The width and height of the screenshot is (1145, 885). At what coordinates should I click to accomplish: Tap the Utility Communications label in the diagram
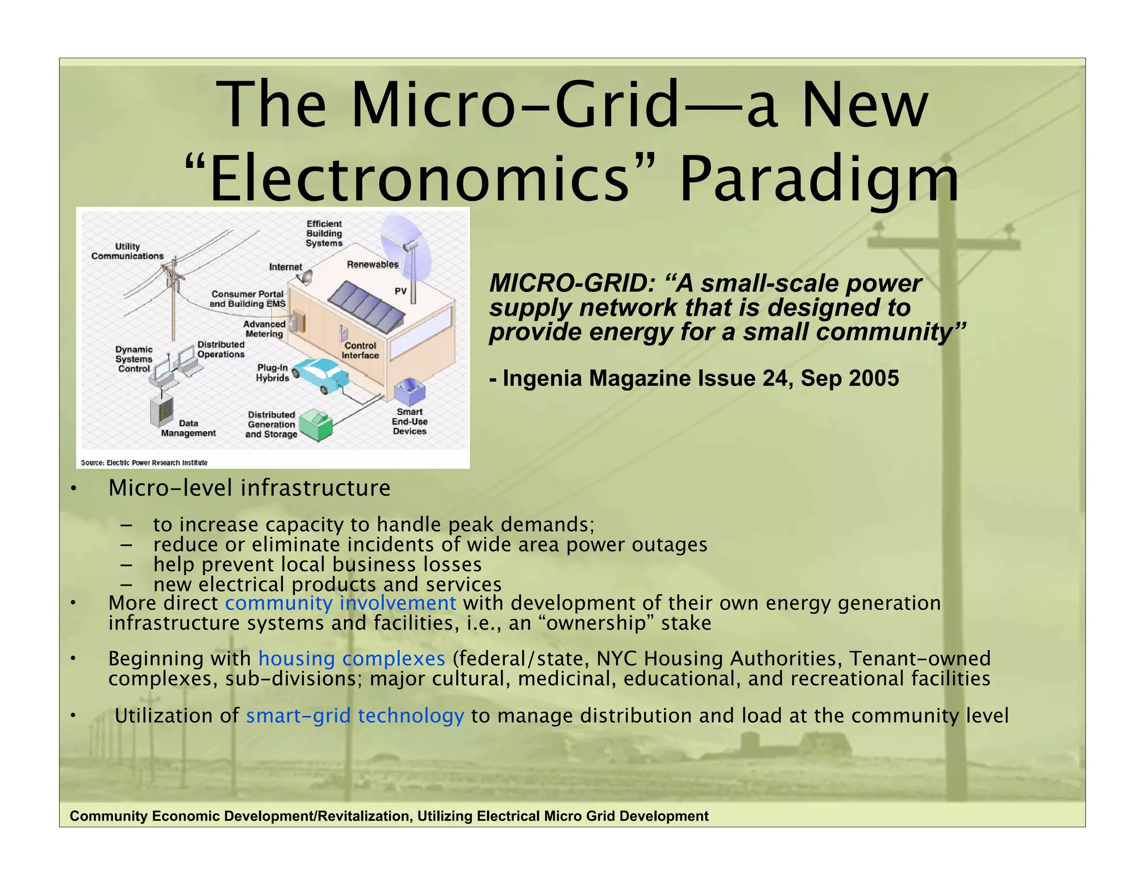click(x=127, y=251)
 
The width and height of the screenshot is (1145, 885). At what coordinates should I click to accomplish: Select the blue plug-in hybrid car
click(x=321, y=374)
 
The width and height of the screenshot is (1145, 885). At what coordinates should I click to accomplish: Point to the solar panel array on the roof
click(x=366, y=307)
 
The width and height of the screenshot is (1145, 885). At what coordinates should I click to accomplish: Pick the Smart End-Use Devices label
click(x=409, y=422)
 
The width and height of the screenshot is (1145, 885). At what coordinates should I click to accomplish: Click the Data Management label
click(x=188, y=428)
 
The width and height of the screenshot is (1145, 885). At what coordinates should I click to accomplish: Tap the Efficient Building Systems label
click(x=324, y=233)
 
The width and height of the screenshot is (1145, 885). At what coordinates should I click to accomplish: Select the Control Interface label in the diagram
click(x=360, y=350)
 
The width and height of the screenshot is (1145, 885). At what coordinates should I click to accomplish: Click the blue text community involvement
click(x=340, y=603)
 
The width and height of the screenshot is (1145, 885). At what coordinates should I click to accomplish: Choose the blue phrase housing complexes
click(x=352, y=658)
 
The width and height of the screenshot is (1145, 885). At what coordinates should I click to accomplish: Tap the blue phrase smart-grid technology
click(x=355, y=715)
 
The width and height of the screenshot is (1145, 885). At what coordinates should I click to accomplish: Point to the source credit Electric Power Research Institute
click(x=144, y=463)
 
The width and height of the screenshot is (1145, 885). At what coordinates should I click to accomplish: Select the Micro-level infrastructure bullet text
click(x=249, y=488)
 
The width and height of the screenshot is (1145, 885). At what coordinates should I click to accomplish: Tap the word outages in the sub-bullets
click(x=669, y=544)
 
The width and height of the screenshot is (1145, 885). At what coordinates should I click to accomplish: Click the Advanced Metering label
click(x=264, y=329)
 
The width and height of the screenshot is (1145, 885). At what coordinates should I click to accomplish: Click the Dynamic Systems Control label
click(x=134, y=359)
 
